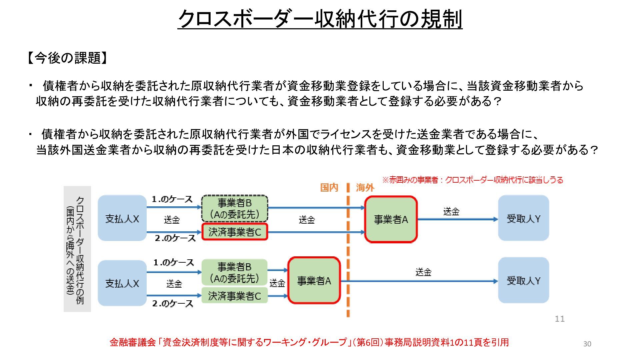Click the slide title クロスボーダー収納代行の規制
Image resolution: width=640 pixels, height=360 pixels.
coord(320,19)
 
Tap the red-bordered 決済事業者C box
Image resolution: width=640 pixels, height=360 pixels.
coord(235,232)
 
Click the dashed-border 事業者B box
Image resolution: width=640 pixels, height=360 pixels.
coord(235,208)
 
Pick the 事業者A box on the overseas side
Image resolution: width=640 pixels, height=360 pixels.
coord(391,219)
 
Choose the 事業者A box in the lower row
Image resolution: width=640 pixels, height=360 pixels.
coord(314,281)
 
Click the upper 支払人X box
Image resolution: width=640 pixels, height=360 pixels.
coord(122,219)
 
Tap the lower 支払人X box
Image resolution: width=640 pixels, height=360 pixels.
coord(122,283)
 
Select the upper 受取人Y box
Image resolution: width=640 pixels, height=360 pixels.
coord(523,219)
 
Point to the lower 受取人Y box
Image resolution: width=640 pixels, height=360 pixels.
coord(523,281)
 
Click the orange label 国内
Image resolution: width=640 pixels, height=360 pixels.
coord(329,188)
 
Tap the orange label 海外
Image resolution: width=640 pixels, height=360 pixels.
coord(365,188)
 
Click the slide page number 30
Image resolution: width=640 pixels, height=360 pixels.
coord(587,344)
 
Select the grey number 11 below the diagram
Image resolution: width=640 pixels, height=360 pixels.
coord(560,319)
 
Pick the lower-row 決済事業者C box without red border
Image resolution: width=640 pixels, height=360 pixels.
coord(235,296)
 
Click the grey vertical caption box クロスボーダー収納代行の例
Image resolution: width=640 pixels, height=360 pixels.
coord(77,249)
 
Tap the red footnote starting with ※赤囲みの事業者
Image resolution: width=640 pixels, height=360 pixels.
coord(472,180)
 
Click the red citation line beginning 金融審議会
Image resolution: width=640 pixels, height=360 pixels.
coord(309,342)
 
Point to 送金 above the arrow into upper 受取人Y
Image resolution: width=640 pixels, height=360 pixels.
coord(451,212)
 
